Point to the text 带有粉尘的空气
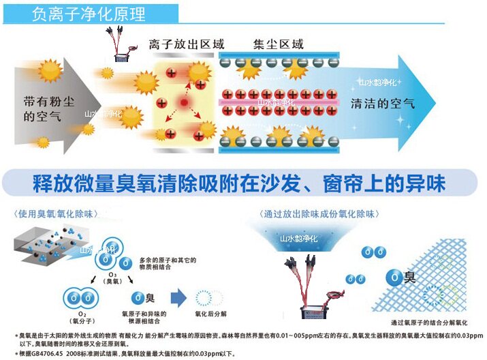(x=42, y=108)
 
